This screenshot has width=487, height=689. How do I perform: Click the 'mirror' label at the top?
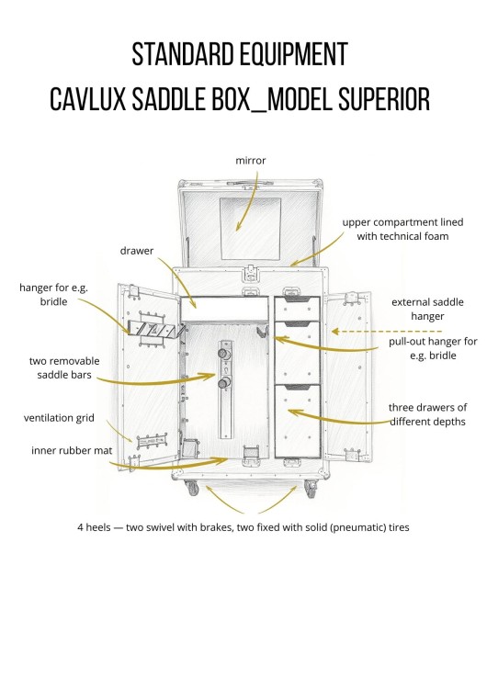tap(251, 161)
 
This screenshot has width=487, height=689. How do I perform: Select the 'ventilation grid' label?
tap(59, 417)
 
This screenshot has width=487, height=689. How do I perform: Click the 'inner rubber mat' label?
tap(72, 450)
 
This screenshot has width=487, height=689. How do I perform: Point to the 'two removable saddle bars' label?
tap(64, 367)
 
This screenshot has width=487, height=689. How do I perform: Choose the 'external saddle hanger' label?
tap(427, 309)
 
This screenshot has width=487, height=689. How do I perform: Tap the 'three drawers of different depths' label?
tap(427, 414)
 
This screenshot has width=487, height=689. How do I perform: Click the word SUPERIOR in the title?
tap(384, 99)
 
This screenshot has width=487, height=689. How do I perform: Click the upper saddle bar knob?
tap(224, 354)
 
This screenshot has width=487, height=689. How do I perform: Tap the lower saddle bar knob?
tap(224, 384)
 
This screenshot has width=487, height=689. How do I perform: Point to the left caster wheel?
tap(193, 488)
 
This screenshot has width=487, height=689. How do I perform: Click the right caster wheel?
tap(310, 489)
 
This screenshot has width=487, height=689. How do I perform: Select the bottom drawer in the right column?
tap(298, 421)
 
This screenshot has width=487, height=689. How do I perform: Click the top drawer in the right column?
tap(297, 309)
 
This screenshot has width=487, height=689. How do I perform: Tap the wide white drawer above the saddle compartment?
tap(224, 309)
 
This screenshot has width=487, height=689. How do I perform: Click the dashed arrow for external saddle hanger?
tap(387, 332)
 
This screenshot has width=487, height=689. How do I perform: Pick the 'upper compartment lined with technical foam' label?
tap(402, 229)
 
